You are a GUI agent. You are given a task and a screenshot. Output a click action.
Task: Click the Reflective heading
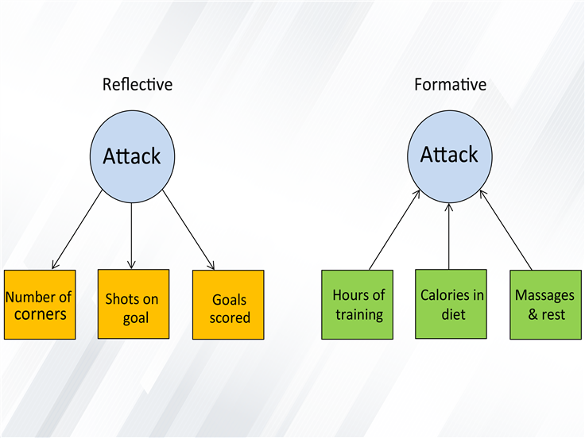click(x=138, y=85)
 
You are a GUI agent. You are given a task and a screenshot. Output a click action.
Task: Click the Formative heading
click(x=451, y=85)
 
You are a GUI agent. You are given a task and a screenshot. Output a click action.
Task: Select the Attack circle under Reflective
click(x=132, y=156)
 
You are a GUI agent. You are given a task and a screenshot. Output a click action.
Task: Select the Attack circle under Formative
click(x=450, y=156)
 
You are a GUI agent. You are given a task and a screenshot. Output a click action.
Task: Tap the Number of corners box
click(x=40, y=305)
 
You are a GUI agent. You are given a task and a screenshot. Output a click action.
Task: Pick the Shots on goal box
click(x=134, y=304)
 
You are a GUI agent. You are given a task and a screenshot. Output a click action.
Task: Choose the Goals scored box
click(x=228, y=305)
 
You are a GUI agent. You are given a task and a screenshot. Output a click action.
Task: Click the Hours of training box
click(x=358, y=305)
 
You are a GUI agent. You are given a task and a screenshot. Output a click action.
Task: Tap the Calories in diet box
click(x=451, y=304)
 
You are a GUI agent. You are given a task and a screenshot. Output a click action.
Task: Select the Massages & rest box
click(x=546, y=305)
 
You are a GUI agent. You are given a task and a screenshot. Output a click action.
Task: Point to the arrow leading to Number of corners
click(x=77, y=229)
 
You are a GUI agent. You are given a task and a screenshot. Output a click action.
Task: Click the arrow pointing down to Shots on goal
click(x=131, y=236)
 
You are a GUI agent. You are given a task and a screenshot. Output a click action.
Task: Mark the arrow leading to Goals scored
click(x=188, y=230)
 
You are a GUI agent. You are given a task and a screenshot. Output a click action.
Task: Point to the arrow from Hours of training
click(x=394, y=230)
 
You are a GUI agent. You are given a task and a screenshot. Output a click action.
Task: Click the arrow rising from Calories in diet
click(x=449, y=236)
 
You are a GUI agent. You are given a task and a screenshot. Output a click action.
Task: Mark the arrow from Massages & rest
click(x=506, y=230)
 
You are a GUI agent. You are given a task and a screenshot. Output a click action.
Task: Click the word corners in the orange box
click(x=41, y=314)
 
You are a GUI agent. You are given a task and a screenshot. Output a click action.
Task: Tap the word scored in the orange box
click(x=230, y=317)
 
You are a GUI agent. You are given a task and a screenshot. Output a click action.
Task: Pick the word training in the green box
click(x=359, y=315)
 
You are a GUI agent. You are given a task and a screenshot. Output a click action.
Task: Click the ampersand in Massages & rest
click(x=533, y=314)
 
